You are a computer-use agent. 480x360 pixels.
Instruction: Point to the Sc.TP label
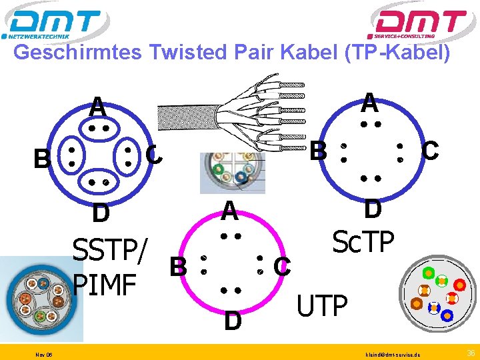[x=363, y=243]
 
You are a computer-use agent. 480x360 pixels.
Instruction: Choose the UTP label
[x=323, y=306]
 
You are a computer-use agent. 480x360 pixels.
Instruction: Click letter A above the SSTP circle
[x=98, y=106]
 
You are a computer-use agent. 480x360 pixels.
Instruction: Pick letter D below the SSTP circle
[x=101, y=214]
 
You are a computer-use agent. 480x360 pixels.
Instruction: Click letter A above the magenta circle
[x=230, y=211]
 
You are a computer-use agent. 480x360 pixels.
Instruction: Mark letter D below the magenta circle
[x=233, y=321]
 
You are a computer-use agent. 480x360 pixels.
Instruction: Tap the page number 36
[x=471, y=351]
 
